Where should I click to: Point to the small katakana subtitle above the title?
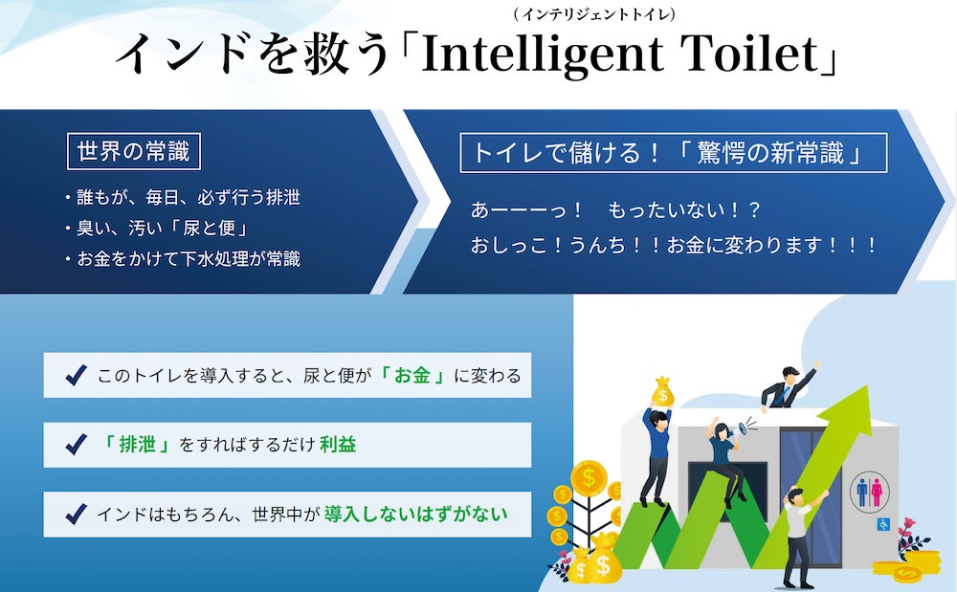594,14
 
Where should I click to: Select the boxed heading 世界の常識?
134,151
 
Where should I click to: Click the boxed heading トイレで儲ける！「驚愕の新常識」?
673,153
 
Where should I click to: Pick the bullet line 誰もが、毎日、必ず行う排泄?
183,198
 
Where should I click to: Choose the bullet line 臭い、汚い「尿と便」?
157,228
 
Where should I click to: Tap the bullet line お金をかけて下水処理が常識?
183,258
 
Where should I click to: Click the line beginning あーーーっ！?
615,210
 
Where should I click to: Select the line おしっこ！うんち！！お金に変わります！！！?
673,245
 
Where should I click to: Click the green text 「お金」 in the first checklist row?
412,375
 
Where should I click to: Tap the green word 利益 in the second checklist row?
338,445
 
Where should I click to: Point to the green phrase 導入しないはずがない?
415,515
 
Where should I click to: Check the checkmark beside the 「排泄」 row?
77,445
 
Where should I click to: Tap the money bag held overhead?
663,391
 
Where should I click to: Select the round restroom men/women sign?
869,492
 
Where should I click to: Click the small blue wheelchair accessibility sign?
883,523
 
